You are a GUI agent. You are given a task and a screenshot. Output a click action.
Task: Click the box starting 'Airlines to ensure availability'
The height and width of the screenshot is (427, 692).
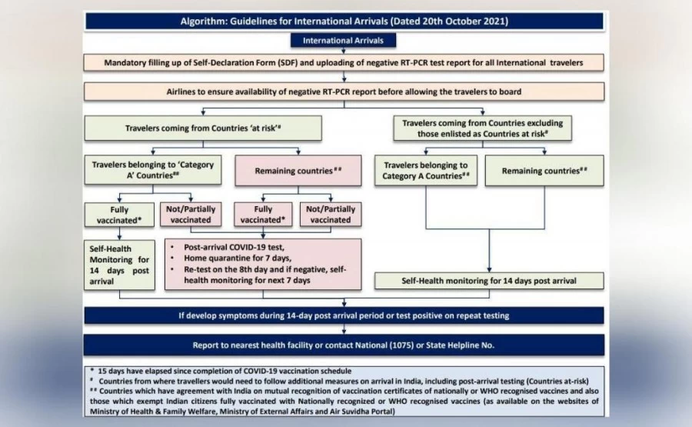pyautogui.click(x=344, y=92)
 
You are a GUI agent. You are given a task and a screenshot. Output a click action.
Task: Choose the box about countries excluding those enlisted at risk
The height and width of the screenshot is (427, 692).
pyautogui.click(x=483, y=128)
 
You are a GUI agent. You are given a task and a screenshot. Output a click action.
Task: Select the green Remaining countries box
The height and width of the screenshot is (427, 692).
pyautogui.click(x=544, y=171)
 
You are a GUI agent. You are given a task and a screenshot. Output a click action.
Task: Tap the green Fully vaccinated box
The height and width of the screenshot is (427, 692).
pyautogui.click(x=114, y=214)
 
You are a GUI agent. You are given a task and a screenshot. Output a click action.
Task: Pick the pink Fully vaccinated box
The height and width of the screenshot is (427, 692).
pyautogui.click(x=262, y=214)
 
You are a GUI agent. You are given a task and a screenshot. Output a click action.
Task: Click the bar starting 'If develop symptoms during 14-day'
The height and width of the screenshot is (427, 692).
pyautogui.click(x=344, y=315)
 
